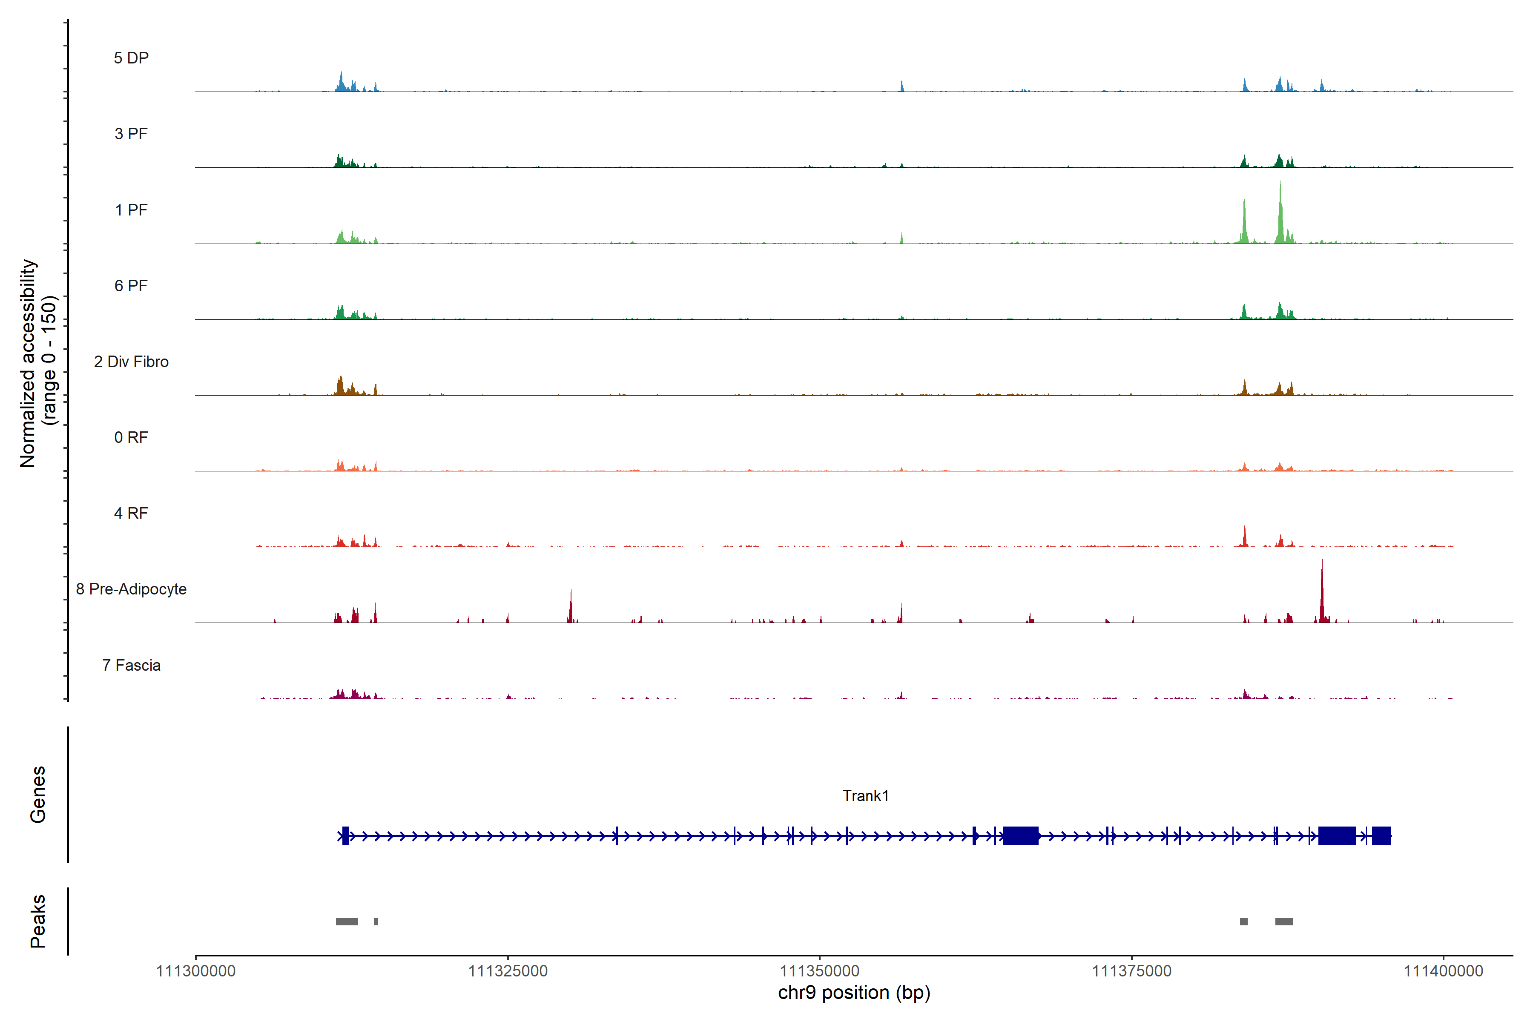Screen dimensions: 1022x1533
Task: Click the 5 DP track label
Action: (131, 58)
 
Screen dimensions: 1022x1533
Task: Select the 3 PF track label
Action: (131, 134)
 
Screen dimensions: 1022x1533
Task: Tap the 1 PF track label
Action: (131, 210)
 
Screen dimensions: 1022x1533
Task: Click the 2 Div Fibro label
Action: (131, 362)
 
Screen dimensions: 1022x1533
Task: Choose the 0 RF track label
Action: (131, 437)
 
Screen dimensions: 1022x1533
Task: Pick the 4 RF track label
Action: (131, 513)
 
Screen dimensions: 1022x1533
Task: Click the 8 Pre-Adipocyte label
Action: (131, 589)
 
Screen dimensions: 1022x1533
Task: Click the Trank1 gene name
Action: (866, 796)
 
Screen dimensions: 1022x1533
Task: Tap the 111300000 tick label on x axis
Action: (195, 971)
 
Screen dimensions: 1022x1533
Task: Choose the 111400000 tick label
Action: (1443, 971)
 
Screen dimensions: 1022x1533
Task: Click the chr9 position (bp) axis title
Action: (854, 993)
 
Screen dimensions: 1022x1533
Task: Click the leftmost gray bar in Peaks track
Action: (347, 922)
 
